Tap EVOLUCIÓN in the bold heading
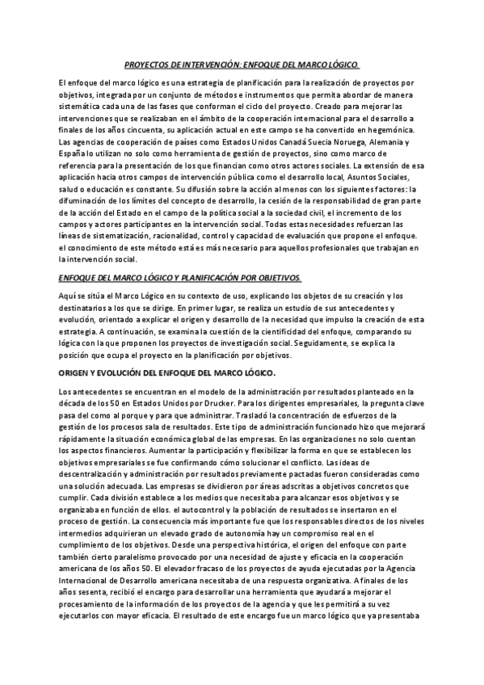click(x=124, y=372)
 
